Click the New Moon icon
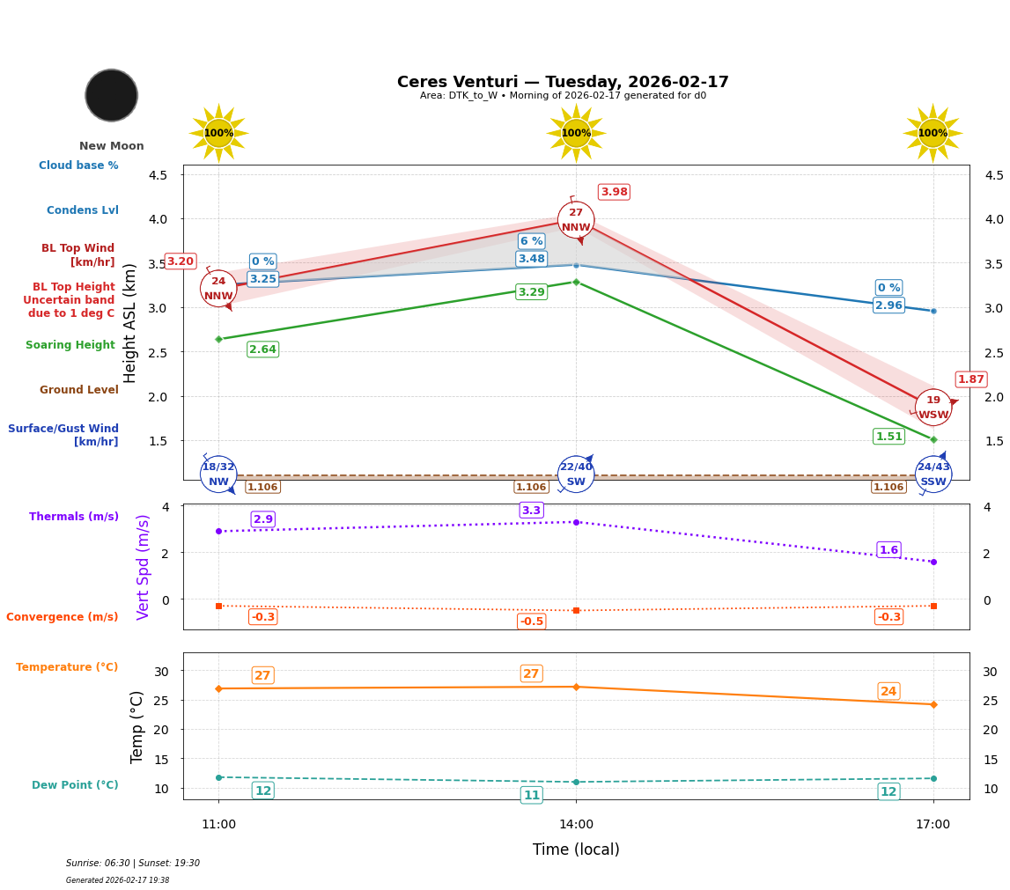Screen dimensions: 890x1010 tap(112, 95)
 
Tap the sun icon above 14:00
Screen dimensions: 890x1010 tap(576, 133)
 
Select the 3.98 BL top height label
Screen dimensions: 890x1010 tap(614, 192)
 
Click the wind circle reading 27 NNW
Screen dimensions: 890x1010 tap(576, 220)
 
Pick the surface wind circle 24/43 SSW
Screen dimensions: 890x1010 tap(933, 474)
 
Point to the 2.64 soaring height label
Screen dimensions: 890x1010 tap(262, 349)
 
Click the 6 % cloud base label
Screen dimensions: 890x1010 tap(531, 241)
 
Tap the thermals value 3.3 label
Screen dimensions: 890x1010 tap(531, 511)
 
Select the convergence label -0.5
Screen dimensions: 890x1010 tap(531, 622)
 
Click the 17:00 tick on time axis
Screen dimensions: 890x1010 tap(933, 825)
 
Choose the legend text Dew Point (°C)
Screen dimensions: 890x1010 tap(75, 785)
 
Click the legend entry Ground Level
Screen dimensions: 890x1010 tap(78, 390)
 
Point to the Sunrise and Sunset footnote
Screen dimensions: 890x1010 tap(133, 864)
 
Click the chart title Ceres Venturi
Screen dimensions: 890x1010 tap(563, 82)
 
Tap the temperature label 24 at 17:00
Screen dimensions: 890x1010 tap(888, 691)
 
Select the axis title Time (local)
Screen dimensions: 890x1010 tap(576, 850)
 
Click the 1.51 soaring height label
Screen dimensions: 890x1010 tap(888, 437)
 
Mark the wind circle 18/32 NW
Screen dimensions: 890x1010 tap(218, 474)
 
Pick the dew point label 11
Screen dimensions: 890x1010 tap(532, 795)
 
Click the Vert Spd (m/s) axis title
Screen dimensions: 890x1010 tap(144, 567)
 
